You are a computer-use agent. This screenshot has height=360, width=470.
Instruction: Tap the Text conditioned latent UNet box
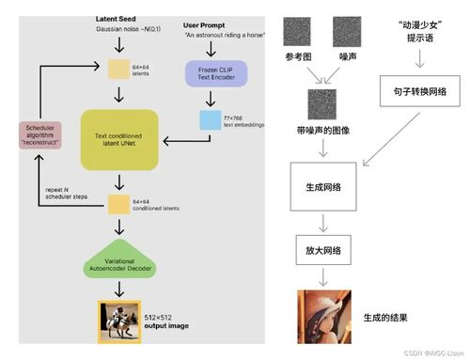[119, 139]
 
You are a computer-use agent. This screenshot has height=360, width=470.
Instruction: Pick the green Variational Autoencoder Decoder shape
[118, 265]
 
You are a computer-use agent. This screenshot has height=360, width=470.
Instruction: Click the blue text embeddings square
[210, 121]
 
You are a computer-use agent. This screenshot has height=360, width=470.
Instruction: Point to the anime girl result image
[322, 316]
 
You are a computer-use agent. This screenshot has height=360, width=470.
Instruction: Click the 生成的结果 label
[385, 317]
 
